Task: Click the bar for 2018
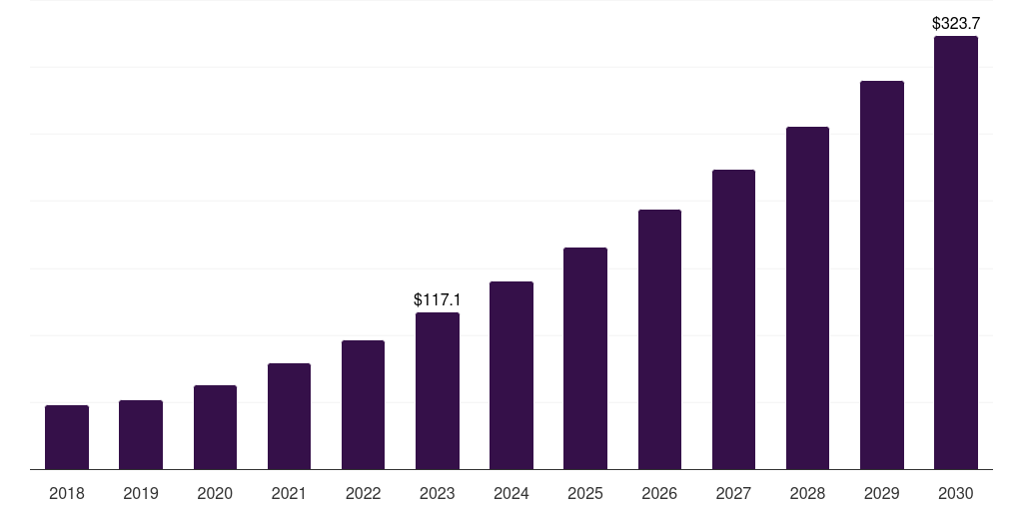(67, 437)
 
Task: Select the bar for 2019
(141, 435)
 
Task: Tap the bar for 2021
(289, 416)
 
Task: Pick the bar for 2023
(438, 391)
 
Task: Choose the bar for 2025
(585, 358)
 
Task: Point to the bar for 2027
(733, 319)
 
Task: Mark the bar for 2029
(881, 275)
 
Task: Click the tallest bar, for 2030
(956, 253)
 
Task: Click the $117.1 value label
(438, 299)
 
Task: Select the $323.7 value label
(956, 24)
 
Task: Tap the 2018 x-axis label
(67, 493)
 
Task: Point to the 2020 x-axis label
(215, 493)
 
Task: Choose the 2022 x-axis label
(363, 493)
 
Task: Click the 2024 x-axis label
(511, 493)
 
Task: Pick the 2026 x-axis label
(659, 493)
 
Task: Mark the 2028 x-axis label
(807, 493)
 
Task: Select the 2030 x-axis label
(956, 493)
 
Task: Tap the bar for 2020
(215, 427)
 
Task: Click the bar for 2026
(659, 339)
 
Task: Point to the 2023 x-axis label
(438, 493)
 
